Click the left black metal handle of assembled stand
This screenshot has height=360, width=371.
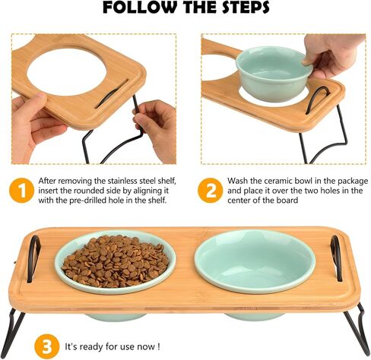point(33,258)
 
